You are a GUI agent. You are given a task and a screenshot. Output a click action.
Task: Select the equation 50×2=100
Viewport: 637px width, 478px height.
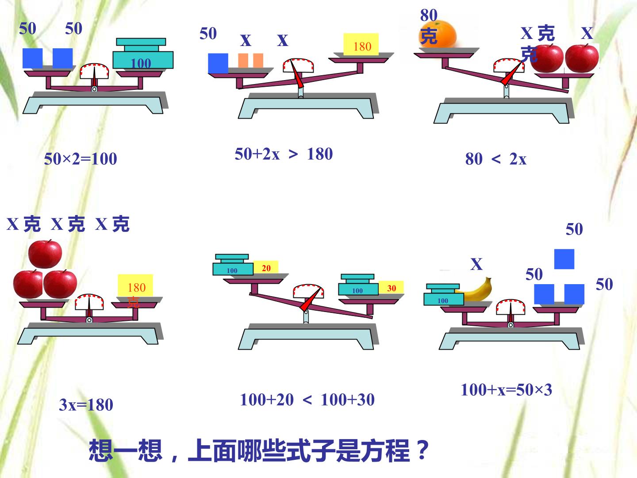(x=81, y=159)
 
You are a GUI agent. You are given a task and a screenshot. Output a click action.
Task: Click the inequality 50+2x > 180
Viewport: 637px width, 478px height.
(x=284, y=154)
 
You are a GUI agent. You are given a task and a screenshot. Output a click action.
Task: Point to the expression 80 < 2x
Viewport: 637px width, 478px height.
(x=496, y=159)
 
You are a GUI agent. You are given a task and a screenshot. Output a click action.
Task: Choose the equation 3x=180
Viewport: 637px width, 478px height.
(x=86, y=405)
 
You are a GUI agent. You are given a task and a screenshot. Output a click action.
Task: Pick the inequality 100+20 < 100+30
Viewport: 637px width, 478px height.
(x=307, y=400)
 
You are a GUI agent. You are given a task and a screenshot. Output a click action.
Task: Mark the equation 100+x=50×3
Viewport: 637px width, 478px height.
(x=507, y=389)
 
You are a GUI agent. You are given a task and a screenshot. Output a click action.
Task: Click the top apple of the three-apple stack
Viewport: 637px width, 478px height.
(x=45, y=254)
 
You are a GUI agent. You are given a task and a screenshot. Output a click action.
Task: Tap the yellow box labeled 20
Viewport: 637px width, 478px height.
(x=266, y=267)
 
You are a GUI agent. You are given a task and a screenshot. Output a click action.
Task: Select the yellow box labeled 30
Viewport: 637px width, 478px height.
(x=391, y=288)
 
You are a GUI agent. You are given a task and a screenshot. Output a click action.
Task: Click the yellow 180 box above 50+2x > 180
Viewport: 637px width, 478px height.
(x=361, y=44)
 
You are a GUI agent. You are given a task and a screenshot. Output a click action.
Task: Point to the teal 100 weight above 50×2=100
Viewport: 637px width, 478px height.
(x=143, y=54)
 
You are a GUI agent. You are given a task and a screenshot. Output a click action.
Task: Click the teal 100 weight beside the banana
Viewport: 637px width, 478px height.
(x=443, y=295)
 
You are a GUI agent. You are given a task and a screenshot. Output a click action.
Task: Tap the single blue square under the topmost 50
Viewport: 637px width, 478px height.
(x=564, y=259)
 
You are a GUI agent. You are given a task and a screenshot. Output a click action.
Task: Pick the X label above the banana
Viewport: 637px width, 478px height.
(x=476, y=264)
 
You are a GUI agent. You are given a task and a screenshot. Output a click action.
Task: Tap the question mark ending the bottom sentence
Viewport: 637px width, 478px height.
(x=422, y=450)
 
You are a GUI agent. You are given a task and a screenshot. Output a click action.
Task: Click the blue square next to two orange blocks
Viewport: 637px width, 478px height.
(x=218, y=63)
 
